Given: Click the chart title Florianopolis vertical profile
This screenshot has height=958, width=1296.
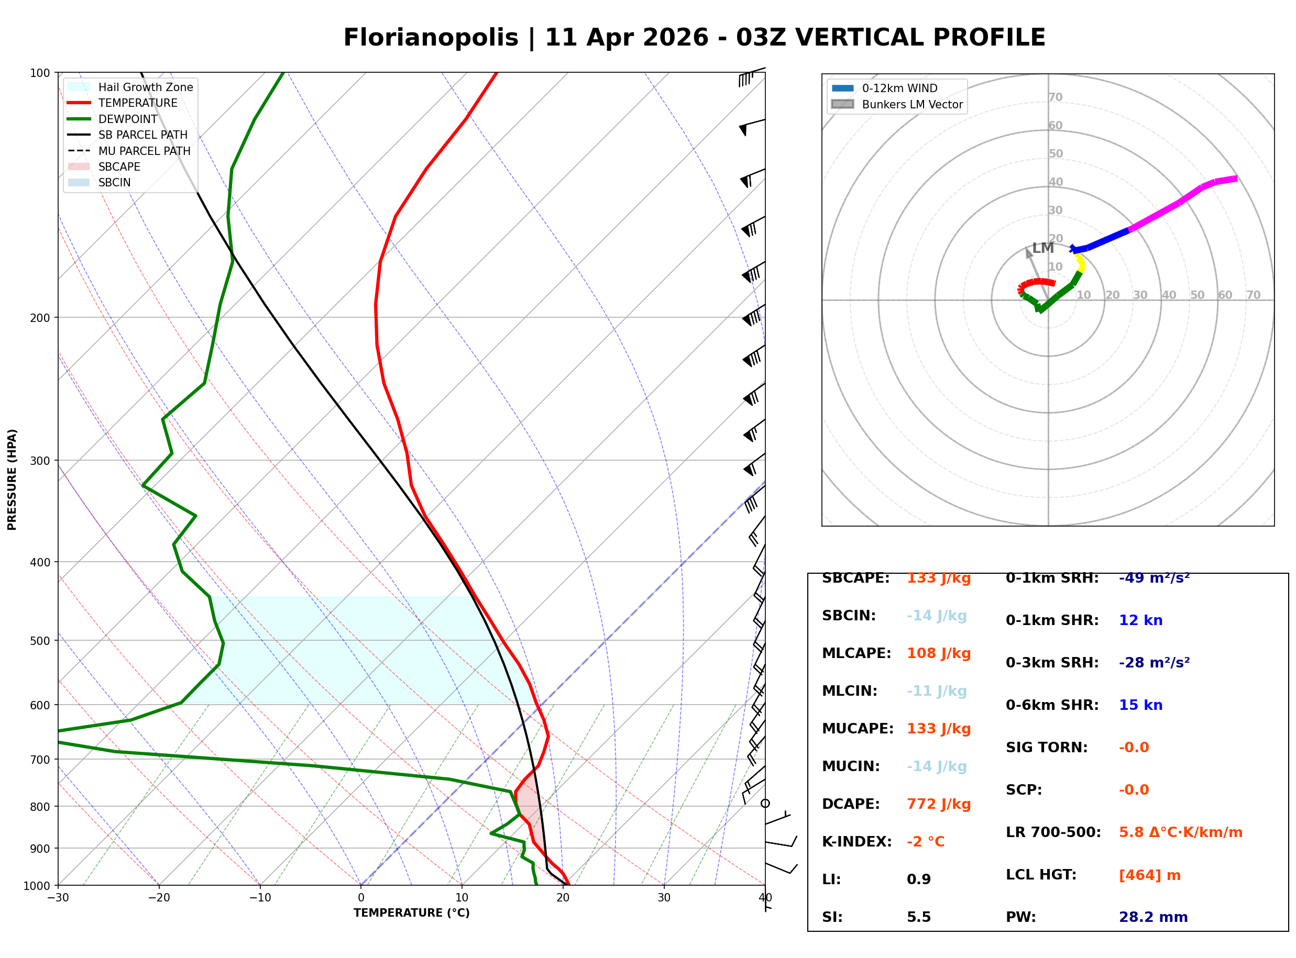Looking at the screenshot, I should click(694, 38).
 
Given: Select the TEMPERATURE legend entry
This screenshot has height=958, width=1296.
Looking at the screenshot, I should click(137, 103).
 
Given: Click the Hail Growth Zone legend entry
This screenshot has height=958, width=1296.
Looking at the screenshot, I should click(145, 87).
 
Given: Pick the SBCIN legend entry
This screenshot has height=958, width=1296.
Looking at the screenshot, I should click(114, 183).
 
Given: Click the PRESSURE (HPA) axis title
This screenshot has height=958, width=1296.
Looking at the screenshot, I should click(12, 480).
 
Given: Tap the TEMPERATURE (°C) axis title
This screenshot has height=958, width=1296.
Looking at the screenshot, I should click(411, 914).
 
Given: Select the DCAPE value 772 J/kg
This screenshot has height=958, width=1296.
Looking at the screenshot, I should click(938, 804).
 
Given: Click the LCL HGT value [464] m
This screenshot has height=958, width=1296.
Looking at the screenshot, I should click(1149, 875).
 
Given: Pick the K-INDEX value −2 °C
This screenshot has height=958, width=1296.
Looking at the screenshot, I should click(925, 842).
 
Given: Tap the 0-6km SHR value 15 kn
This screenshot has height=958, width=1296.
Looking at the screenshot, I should click(1140, 706).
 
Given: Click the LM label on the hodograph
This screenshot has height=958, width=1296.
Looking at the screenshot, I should click(1042, 248).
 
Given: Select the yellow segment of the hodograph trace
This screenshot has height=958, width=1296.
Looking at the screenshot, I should click(1080, 262).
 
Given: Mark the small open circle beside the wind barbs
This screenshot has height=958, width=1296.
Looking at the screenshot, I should click(765, 804).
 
